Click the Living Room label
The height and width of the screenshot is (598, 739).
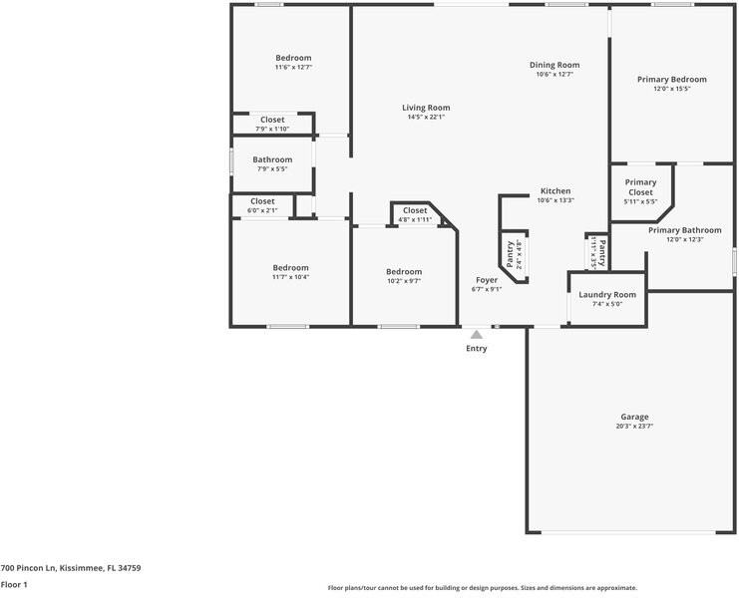point(426,108)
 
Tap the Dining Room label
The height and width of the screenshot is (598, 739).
point(554,65)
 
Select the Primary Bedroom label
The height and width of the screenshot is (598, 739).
point(672,80)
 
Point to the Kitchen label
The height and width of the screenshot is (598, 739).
point(555,190)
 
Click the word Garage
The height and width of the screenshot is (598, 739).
point(634,417)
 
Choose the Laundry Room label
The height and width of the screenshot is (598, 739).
point(607,295)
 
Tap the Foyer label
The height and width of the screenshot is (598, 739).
point(486,280)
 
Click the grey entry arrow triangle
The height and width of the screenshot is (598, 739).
point(477,335)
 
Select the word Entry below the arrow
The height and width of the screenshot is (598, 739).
point(477,349)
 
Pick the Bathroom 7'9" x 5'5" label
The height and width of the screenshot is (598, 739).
point(272,159)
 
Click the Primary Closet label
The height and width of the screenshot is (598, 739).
point(640,187)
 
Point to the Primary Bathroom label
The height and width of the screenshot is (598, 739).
point(684,230)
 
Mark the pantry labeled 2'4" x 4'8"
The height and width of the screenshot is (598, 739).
point(513,255)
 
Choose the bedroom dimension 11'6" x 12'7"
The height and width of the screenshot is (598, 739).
point(293,68)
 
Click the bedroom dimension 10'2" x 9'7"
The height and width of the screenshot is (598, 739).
point(404,281)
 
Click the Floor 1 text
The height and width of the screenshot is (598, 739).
point(14,585)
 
